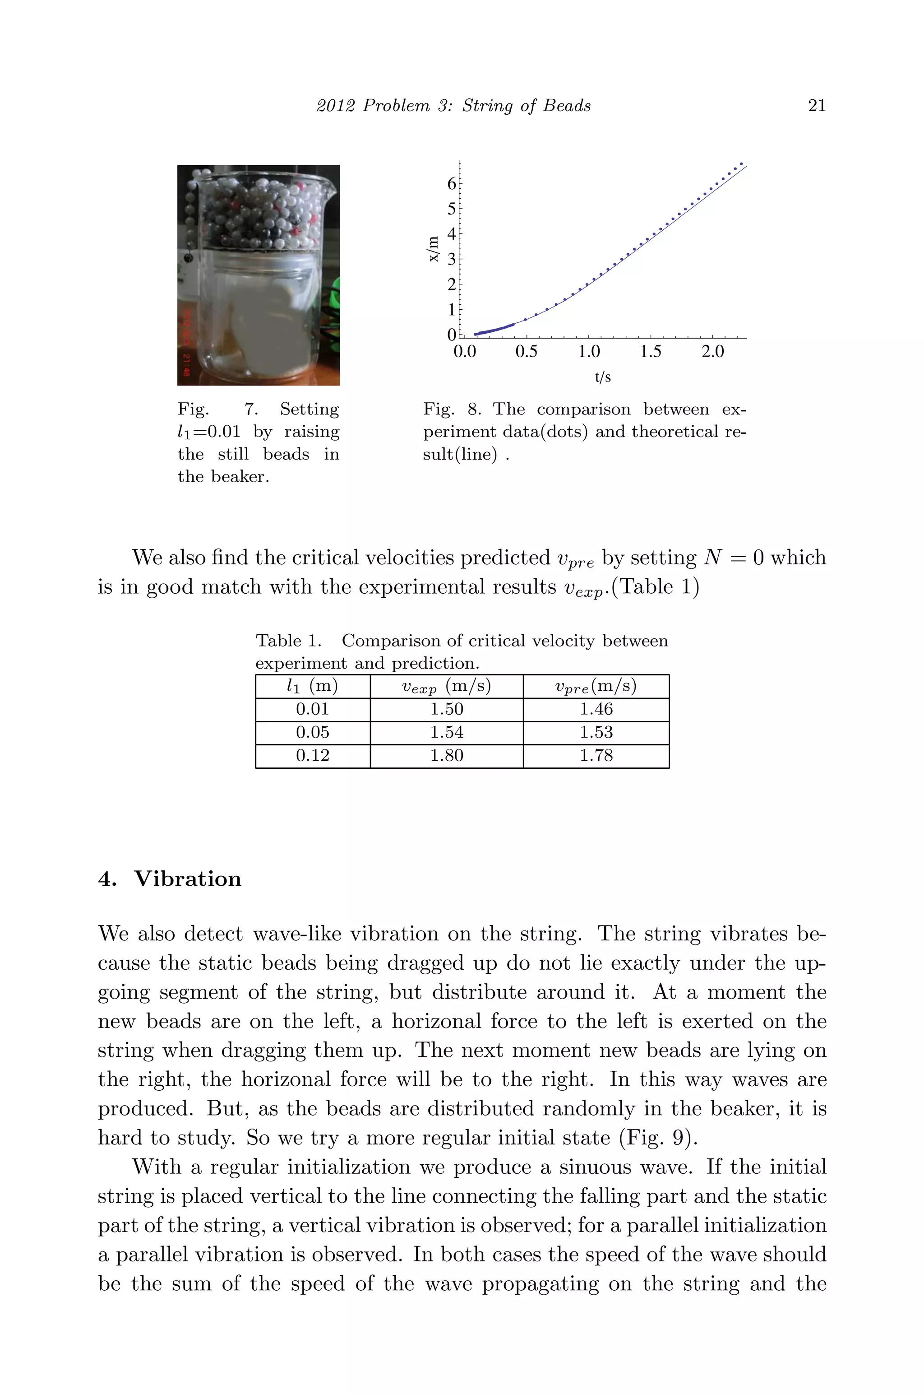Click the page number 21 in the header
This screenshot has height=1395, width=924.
click(x=816, y=106)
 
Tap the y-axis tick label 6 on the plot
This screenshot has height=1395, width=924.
click(x=451, y=183)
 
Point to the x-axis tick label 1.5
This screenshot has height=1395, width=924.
click(x=651, y=352)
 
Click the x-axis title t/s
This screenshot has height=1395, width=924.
click(x=602, y=377)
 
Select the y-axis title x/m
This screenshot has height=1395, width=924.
click(x=434, y=249)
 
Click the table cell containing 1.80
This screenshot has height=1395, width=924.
click(x=446, y=755)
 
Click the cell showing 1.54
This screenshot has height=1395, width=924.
click(x=446, y=732)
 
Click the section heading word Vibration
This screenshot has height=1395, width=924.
click(x=187, y=879)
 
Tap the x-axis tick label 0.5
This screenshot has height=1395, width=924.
click(x=526, y=352)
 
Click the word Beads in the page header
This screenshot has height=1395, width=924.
click(x=566, y=106)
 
